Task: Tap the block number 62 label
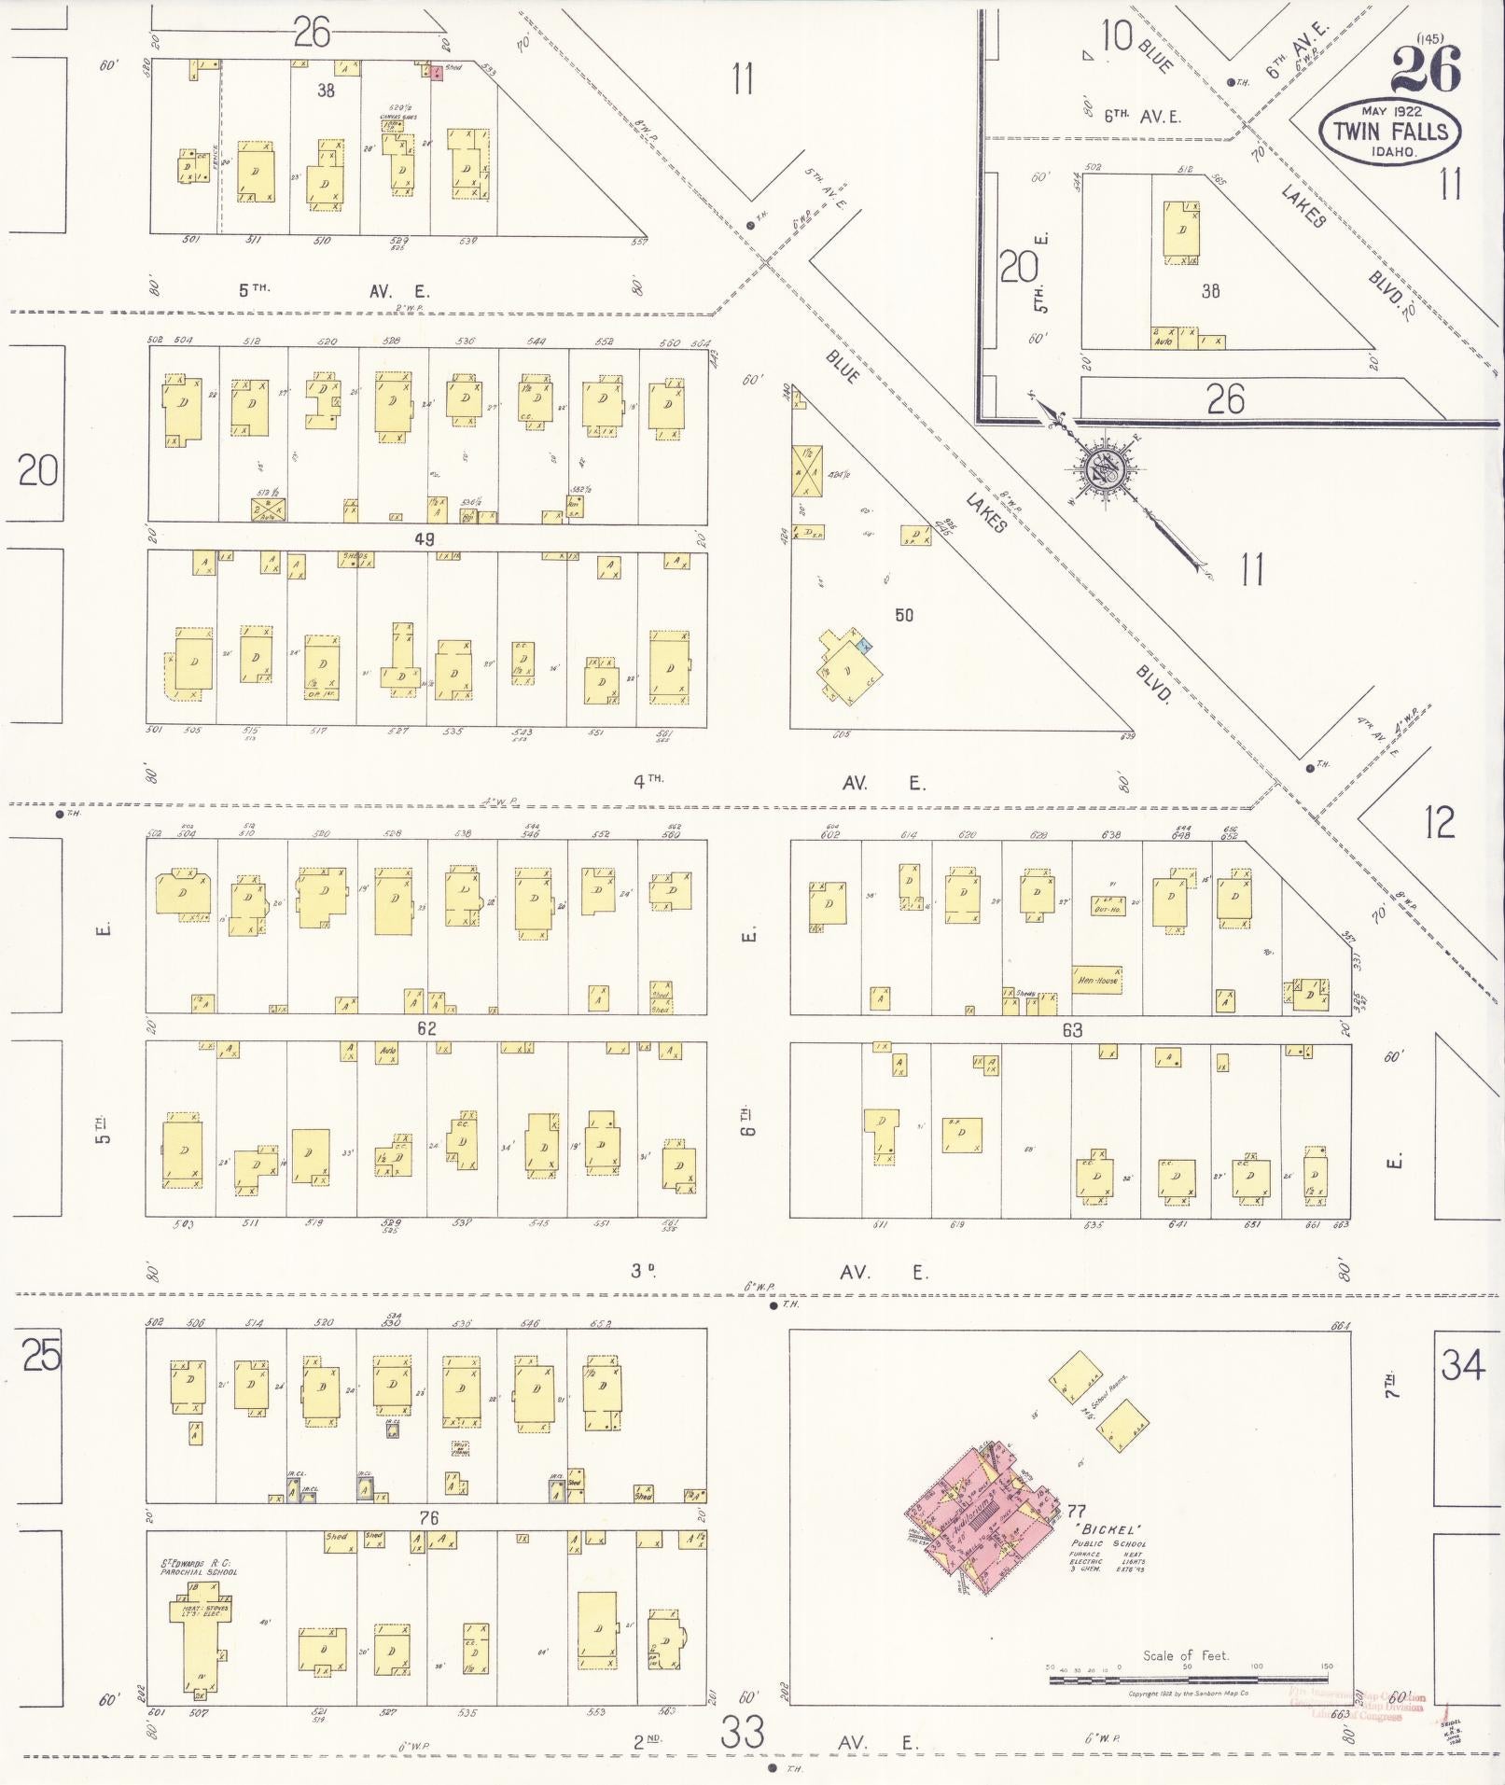(x=427, y=1029)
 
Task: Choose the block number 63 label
(x=1071, y=1029)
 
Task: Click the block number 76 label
(x=429, y=1518)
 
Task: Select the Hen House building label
(x=1096, y=980)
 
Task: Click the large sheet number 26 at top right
(x=1426, y=69)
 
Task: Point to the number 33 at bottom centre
(x=744, y=1734)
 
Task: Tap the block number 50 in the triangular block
(x=904, y=615)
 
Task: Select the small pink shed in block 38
(x=436, y=73)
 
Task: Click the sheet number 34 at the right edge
(x=1463, y=1366)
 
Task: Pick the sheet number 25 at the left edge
(x=41, y=1355)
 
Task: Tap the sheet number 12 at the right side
(x=1440, y=822)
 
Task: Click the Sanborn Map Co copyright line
(x=1188, y=1694)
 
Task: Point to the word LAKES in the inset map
(x=1303, y=207)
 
